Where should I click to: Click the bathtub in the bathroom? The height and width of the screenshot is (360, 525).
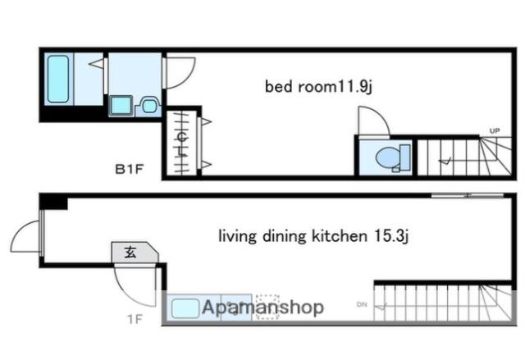point(58,79)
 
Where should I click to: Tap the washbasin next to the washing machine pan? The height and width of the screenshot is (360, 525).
point(149,106)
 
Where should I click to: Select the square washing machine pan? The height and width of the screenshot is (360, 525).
point(121,105)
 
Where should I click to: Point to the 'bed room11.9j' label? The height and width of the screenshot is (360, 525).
point(318,87)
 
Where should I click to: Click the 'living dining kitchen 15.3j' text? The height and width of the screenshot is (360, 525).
point(313,236)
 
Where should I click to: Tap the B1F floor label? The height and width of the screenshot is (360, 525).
point(129,169)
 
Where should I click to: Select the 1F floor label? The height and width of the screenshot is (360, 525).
point(135,319)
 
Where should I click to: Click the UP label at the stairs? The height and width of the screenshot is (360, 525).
point(495,131)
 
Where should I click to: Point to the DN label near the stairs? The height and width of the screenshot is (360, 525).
point(362,304)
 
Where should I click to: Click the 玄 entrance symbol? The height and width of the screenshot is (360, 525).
point(130,252)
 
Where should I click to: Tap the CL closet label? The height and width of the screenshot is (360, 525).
point(182,144)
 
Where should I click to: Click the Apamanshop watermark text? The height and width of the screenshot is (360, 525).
point(262,308)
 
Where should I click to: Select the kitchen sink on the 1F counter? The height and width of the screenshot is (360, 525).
point(185,308)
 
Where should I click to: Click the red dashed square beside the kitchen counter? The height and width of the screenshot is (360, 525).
point(267,307)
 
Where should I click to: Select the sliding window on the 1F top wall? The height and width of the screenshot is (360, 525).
point(468,195)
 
